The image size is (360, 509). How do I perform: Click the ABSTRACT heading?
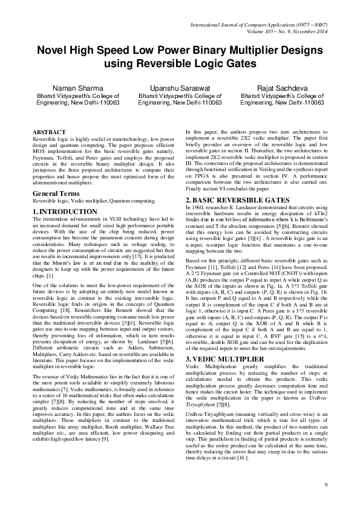click(x=49, y=132)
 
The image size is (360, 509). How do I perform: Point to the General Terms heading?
click(x=57, y=192)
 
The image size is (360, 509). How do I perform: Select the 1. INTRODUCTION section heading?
click(x=65, y=211)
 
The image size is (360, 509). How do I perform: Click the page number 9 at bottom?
click(x=326, y=485)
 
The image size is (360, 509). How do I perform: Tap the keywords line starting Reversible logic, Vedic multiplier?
click(x=94, y=200)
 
